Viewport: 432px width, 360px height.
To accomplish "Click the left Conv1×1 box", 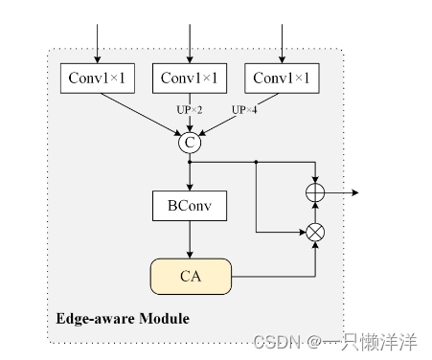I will tap(98, 78).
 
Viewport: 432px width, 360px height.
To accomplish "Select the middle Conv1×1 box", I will tap(190, 78).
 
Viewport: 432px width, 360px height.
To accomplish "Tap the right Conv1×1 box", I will tap(282, 78).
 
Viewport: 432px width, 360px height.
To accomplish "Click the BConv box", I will tap(190, 204).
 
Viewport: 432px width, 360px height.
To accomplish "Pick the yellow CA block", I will tap(190, 276).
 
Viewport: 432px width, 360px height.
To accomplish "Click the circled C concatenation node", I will tap(190, 143).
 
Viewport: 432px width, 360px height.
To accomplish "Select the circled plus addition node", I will tap(314, 192).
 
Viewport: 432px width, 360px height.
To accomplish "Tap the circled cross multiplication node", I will tap(314, 231).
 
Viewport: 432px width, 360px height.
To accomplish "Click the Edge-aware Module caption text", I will tap(123, 318).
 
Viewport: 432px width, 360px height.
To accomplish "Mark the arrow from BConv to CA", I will tap(190, 237).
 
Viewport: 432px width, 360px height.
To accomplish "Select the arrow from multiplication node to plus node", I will tap(314, 212).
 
